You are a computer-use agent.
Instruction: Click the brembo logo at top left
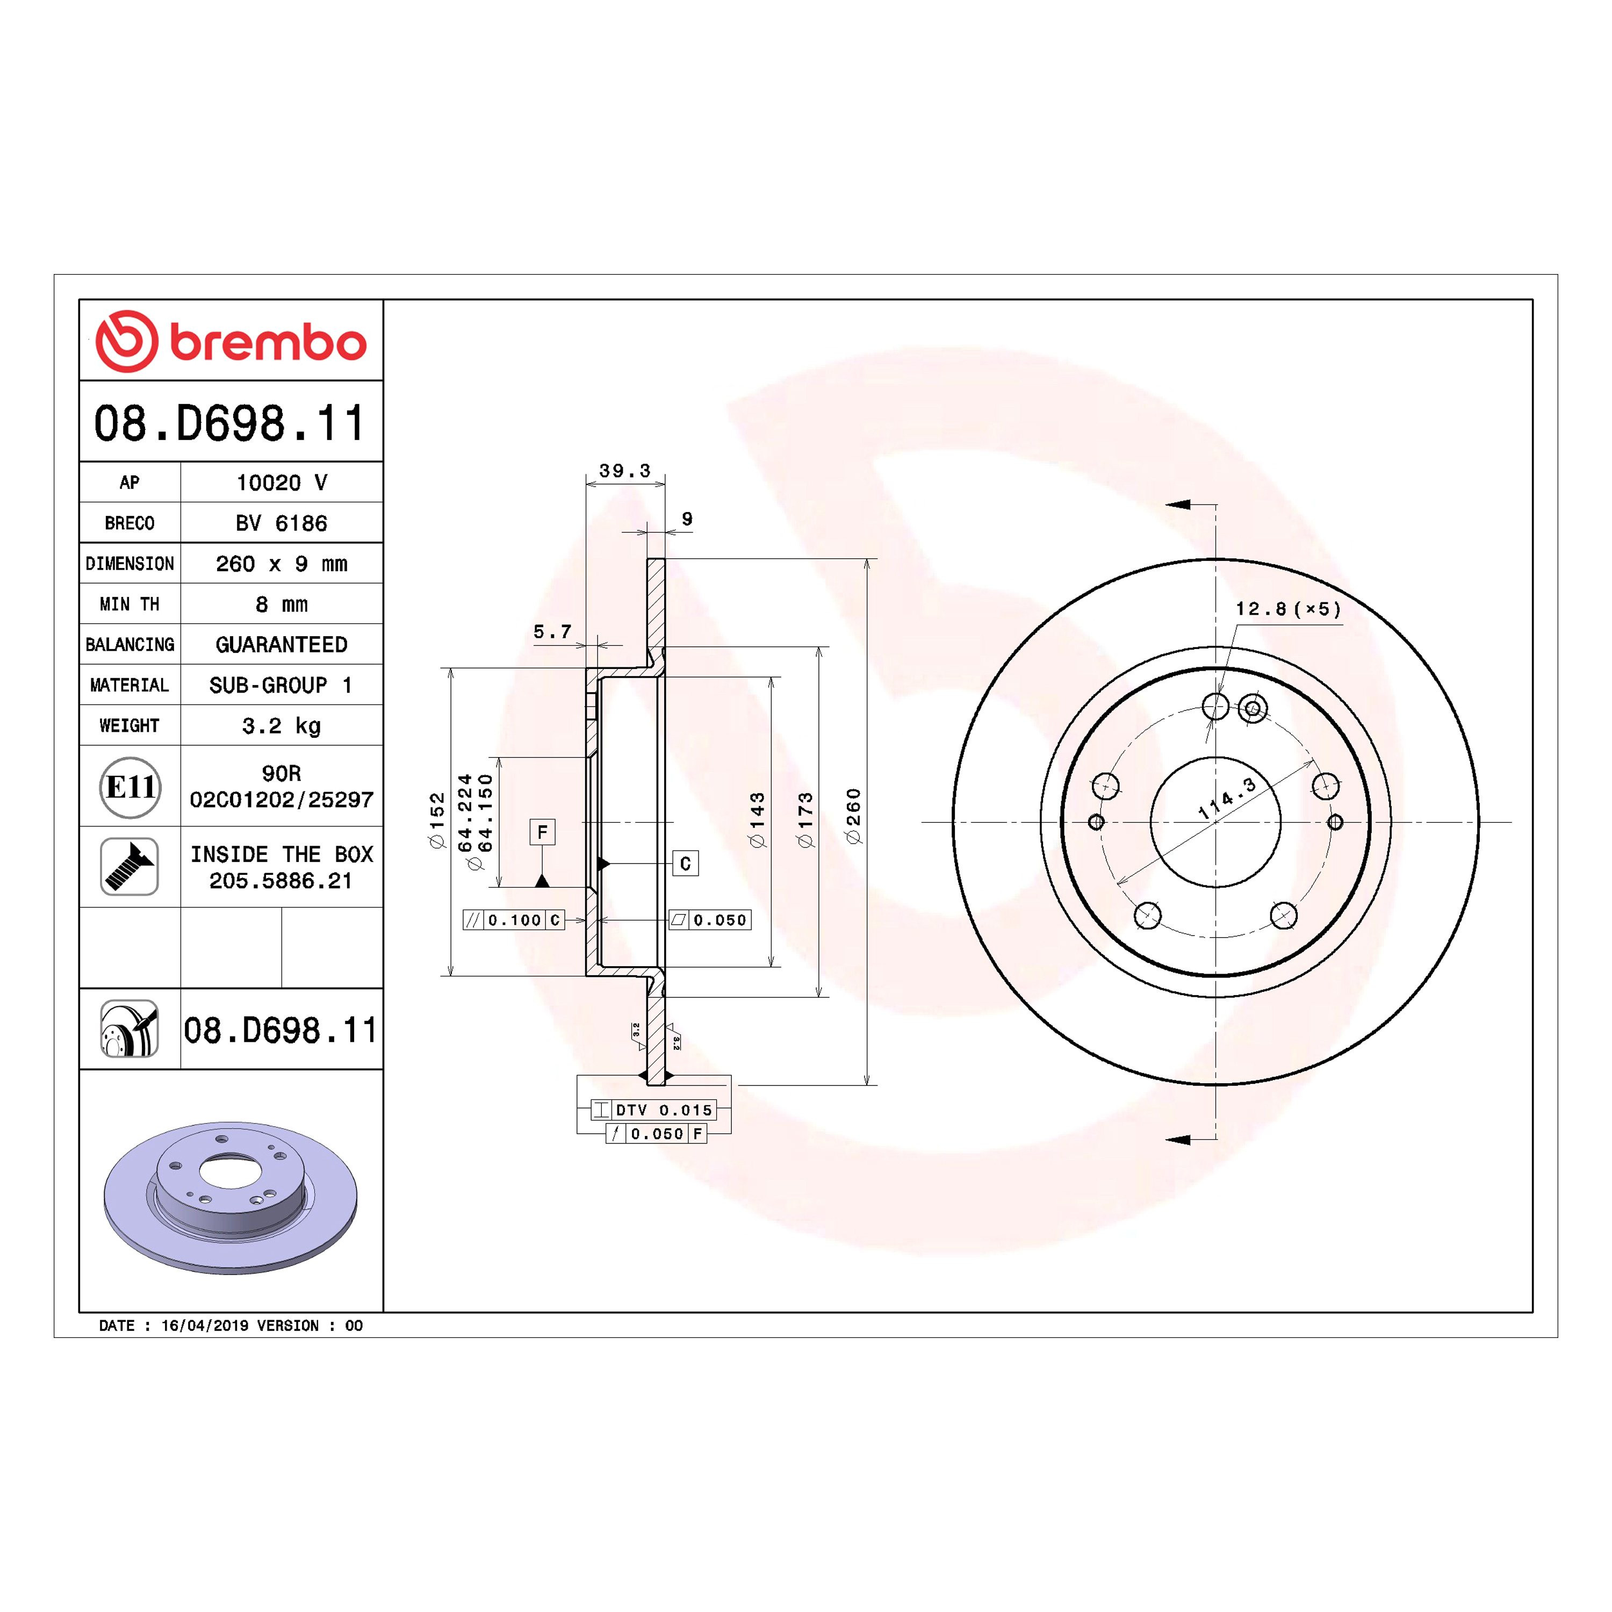coord(231,341)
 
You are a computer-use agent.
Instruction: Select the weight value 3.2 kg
coord(281,726)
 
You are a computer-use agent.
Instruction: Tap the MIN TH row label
coord(129,604)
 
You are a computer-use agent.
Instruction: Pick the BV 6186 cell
coord(281,523)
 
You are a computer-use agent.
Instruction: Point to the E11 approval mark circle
coord(129,787)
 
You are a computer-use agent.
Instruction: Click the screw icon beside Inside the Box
coord(129,867)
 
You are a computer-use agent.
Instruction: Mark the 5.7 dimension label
coord(552,631)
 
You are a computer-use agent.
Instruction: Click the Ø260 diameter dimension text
coord(853,817)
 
